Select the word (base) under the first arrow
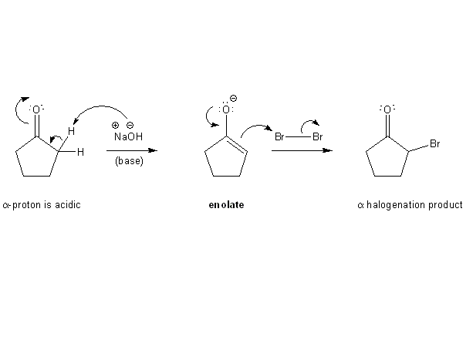point(127,161)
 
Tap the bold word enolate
point(226,206)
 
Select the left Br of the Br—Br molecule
point(281,137)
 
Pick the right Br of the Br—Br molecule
point(318,137)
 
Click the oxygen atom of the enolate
point(226,109)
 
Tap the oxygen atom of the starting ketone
point(36,109)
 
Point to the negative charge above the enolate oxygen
point(234,98)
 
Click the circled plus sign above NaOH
point(115,125)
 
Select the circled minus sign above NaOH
point(130,125)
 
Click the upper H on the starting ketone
point(70,131)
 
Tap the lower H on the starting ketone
point(80,151)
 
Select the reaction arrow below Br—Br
point(302,150)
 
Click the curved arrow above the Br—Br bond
point(309,123)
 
